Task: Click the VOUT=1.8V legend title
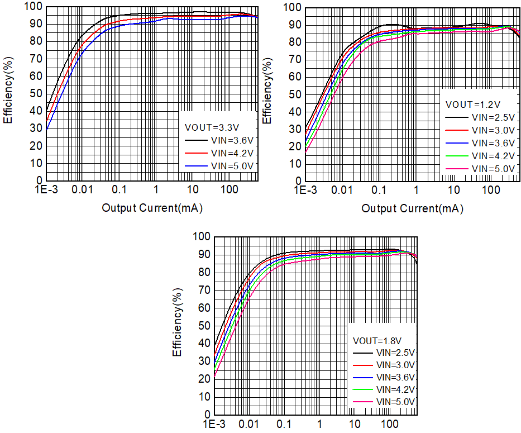pyautogui.click(x=375, y=340)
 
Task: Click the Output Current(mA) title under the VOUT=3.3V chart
pyautogui.click(x=152, y=208)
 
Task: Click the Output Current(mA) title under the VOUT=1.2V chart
pyautogui.click(x=412, y=209)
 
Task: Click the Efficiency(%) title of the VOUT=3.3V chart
pyautogui.click(x=7, y=92)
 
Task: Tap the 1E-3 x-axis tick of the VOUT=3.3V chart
pyautogui.click(x=46, y=191)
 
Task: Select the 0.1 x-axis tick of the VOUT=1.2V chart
pyautogui.click(x=379, y=191)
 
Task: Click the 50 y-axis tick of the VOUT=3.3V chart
pyautogui.click(x=35, y=93)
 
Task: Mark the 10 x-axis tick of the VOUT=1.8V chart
pyautogui.click(x=355, y=425)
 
